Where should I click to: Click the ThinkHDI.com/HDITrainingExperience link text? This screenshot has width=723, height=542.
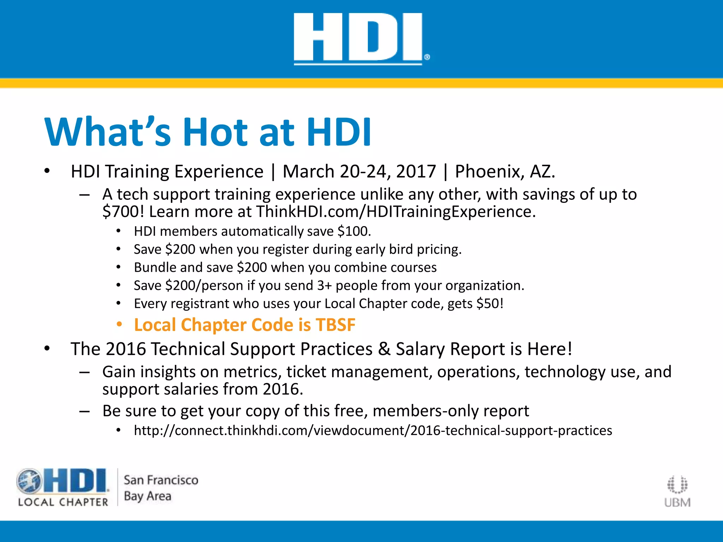point(395,212)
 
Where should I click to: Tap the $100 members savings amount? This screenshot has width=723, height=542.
point(354,231)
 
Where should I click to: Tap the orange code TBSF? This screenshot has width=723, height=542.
point(335,325)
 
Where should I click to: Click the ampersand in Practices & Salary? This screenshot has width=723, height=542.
point(384,349)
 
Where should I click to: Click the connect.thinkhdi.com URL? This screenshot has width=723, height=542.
point(373,430)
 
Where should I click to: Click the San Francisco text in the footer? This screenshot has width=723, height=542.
point(161,480)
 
